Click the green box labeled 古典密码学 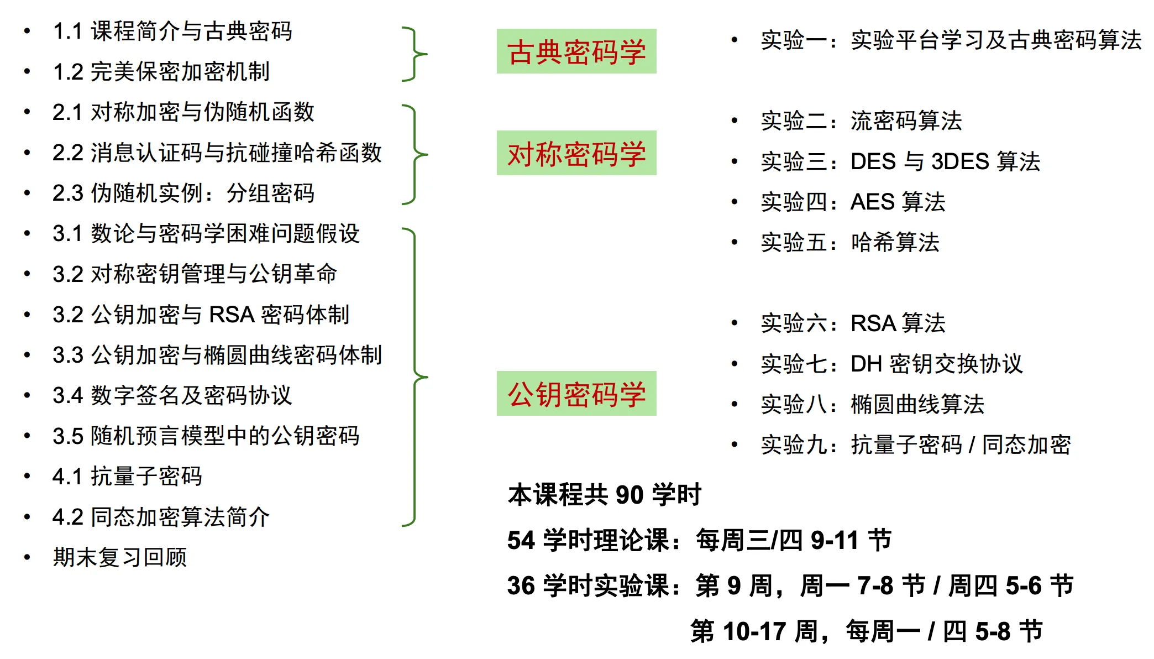tap(576, 51)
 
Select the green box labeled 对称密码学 tap(576, 153)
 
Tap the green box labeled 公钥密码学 tap(576, 393)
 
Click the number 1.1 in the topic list tap(67, 32)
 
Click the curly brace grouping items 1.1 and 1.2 tap(415, 54)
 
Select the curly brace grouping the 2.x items tap(415, 155)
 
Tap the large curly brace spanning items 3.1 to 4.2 tap(415, 377)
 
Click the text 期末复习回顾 tap(120, 557)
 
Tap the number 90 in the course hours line tap(630, 495)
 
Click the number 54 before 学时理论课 tap(521, 540)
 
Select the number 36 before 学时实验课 tap(521, 585)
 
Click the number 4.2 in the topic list tap(67, 517)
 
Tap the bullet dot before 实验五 tap(735, 242)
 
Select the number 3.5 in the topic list tap(67, 436)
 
